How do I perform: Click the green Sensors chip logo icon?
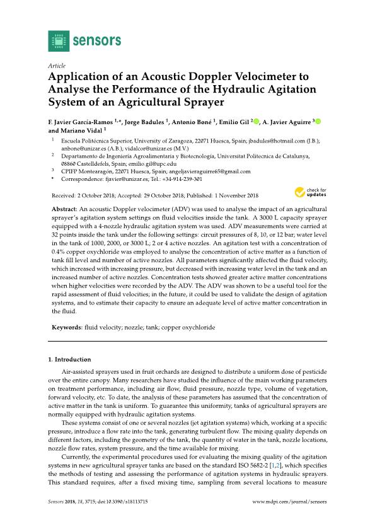58,41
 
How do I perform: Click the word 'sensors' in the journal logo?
96,41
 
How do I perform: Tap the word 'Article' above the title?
57,66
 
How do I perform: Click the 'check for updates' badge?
309,192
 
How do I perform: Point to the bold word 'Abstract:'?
67,208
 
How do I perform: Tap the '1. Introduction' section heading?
69,359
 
